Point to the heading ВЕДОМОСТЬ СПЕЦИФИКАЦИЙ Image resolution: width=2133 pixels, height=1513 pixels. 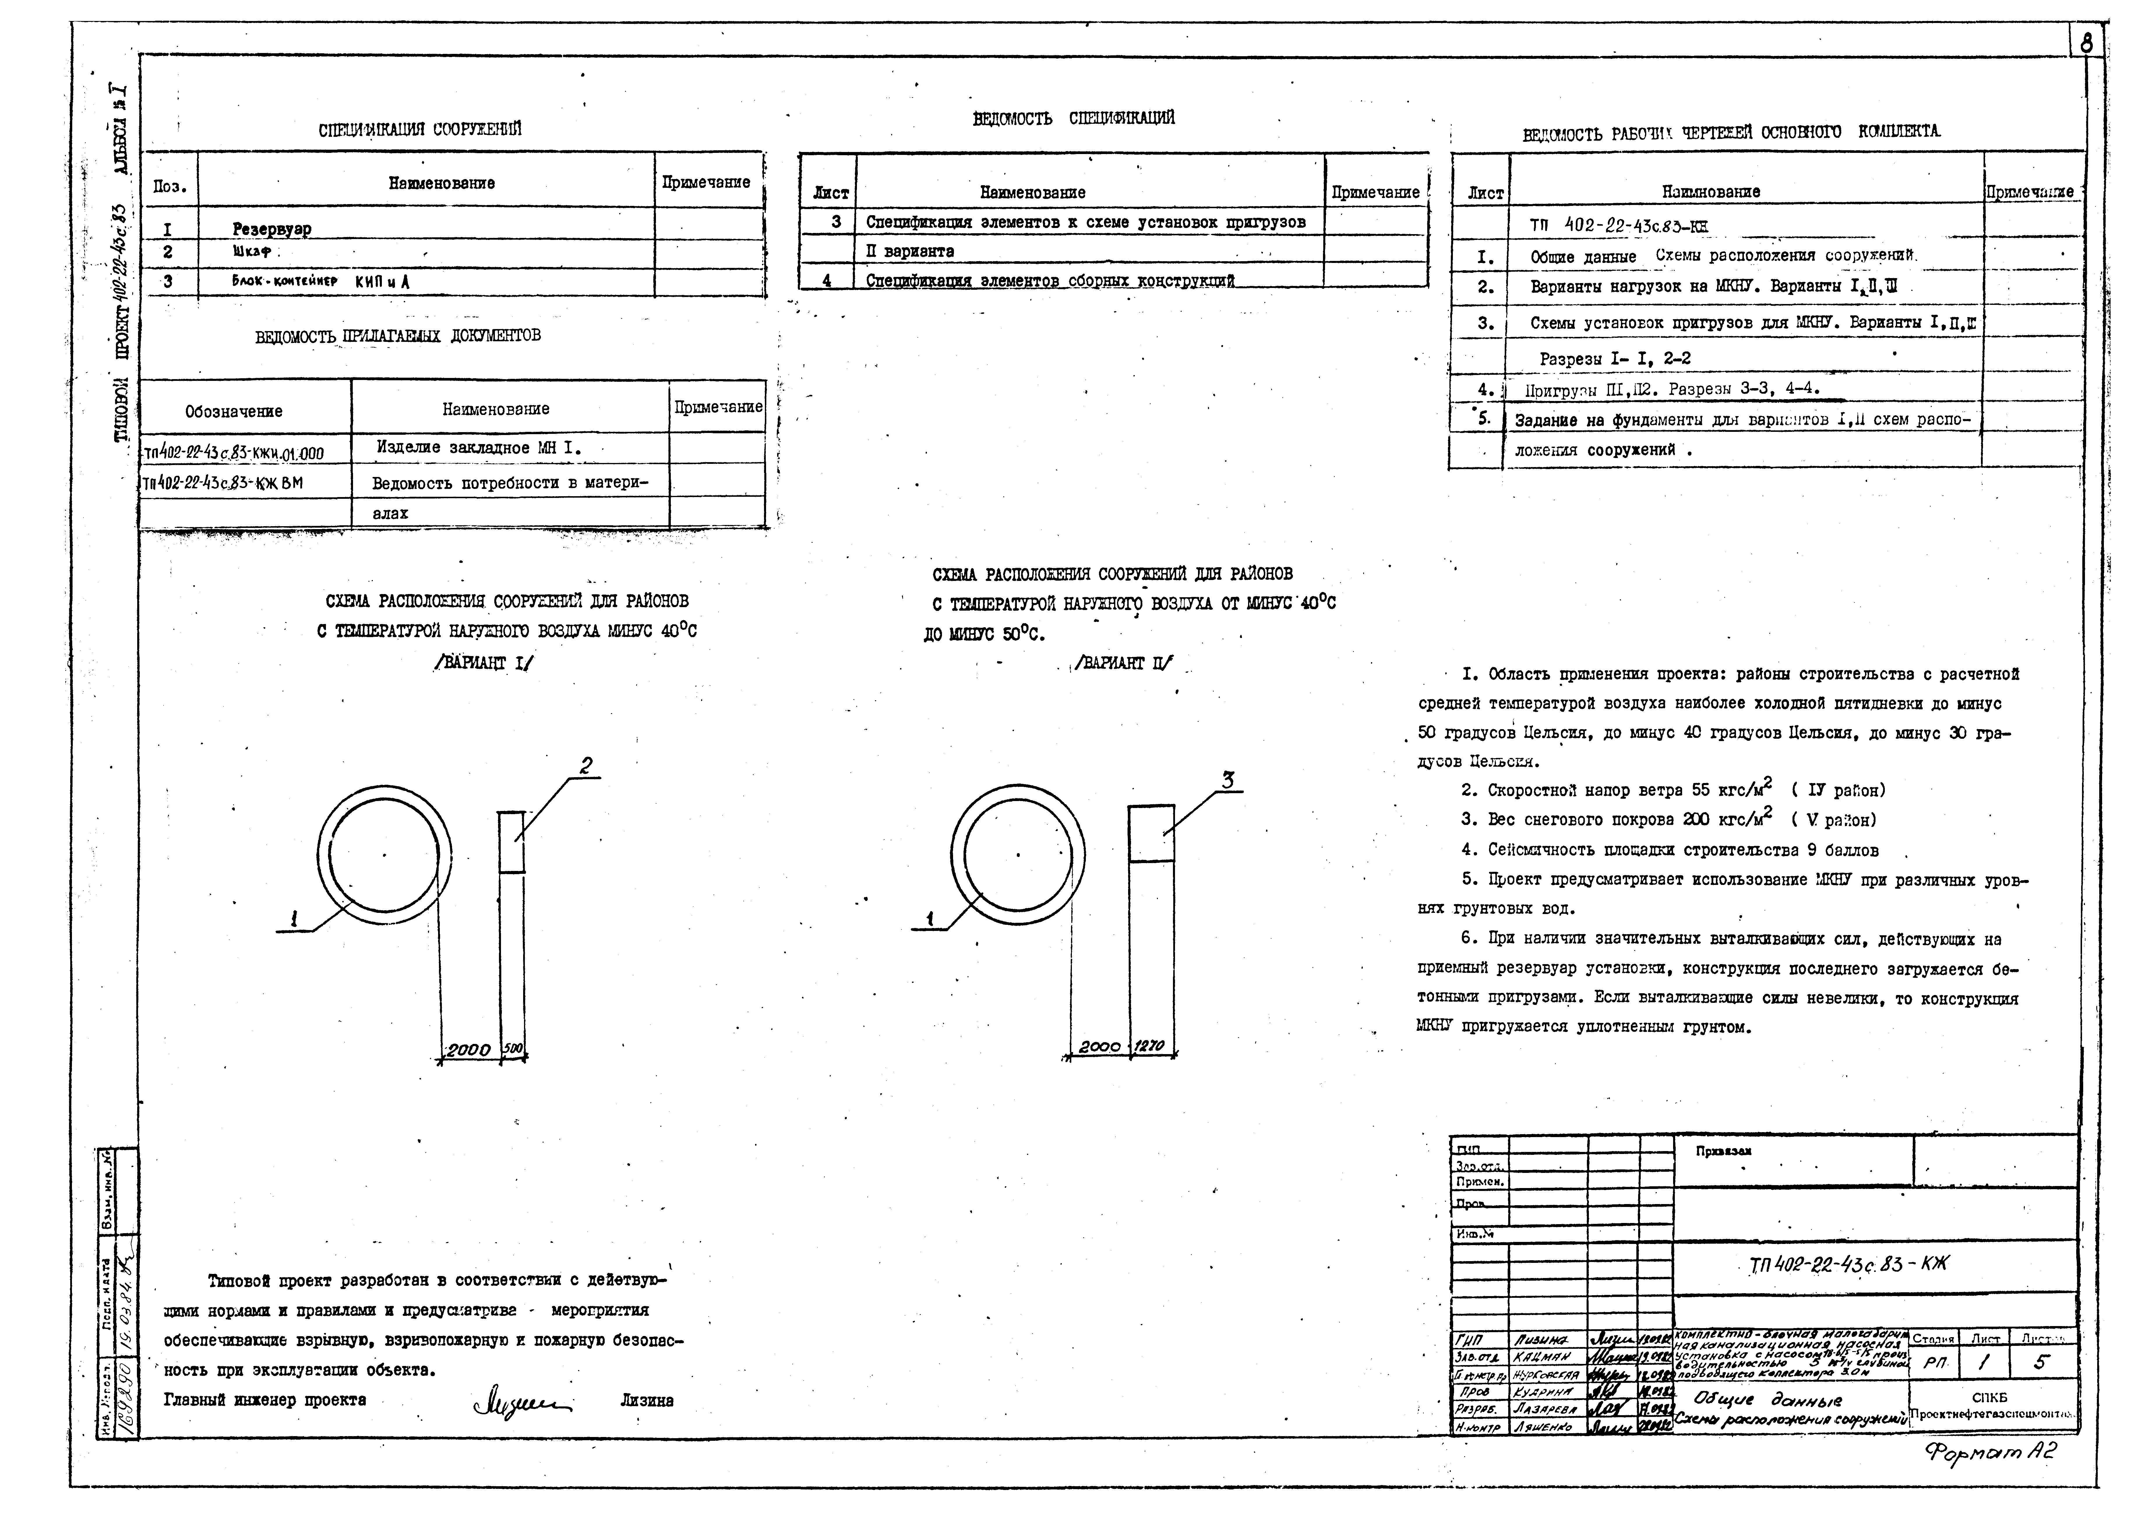coord(1073,118)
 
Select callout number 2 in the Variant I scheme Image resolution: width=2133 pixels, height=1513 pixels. coord(585,766)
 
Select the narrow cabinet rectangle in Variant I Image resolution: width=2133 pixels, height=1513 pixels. coord(511,842)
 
